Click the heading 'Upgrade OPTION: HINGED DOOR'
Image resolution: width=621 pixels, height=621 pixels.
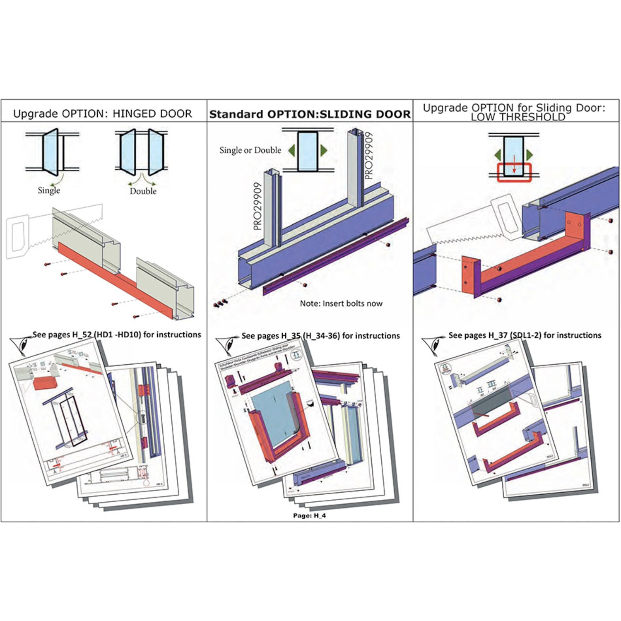[x=103, y=114]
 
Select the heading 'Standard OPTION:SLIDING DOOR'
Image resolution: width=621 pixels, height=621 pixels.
[x=310, y=114]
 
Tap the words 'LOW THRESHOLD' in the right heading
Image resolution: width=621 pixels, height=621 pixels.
[x=517, y=117]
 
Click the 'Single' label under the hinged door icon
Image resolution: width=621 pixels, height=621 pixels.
[x=49, y=190]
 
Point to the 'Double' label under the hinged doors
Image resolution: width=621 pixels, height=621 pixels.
[x=143, y=191]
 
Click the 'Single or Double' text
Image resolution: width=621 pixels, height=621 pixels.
[x=250, y=150]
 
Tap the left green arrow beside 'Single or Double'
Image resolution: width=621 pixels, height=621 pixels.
[x=292, y=151]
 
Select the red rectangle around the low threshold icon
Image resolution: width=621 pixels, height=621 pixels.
[x=514, y=173]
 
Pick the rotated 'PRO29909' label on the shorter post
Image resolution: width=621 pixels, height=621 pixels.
[x=258, y=206]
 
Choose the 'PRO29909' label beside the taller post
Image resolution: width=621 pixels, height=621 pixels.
[x=369, y=156]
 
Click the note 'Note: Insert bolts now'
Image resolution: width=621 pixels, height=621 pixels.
[x=341, y=303]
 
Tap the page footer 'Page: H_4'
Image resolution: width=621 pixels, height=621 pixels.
[x=309, y=515]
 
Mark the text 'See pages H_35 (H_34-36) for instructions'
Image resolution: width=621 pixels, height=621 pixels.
[x=320, y=336]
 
